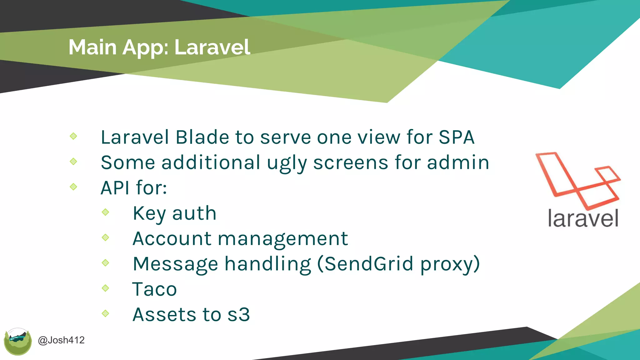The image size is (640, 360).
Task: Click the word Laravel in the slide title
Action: click(212, 47)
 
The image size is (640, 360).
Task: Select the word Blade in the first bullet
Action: click(202, 137)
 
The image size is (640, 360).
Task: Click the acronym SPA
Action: click(457, 137)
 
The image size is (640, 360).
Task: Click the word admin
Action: click(458, 162)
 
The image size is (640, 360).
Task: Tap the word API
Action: click(115, 188)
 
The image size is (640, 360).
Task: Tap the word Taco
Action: click(155, 289)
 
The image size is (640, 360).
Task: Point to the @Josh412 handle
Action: click(61, 340)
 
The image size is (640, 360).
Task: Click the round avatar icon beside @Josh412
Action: click(18, 342)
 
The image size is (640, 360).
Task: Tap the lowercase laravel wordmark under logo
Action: click(583, 218)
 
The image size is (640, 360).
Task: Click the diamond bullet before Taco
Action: click(106, 288)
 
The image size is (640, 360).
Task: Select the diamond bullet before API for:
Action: click(73, 187)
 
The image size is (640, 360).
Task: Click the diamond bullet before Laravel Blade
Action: click(73, 136)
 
